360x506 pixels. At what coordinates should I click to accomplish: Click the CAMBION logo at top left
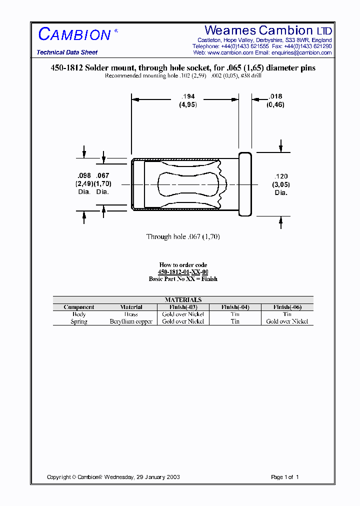[75, 34]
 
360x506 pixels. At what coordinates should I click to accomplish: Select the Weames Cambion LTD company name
[268, 30]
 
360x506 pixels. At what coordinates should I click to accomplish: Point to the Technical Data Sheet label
[67, 52]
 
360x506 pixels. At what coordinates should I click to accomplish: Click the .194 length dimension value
[188, 96]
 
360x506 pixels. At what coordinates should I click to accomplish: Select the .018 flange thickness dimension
[275, 96]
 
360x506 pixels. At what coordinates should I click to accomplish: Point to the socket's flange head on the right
[245, 184]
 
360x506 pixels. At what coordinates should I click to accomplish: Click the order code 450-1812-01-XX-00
[183, 272]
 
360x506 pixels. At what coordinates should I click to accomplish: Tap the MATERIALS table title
[183, 300]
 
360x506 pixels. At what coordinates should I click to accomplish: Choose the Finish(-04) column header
[234, 307]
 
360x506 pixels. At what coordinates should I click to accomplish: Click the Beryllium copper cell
[131, 321]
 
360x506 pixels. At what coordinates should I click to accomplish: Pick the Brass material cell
[131, 314]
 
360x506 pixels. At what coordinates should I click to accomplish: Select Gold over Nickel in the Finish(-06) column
[287, 321]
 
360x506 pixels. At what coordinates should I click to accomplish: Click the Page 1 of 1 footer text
[284, 477]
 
